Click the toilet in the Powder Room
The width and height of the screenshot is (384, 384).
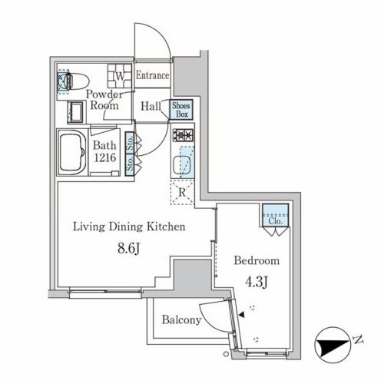74,81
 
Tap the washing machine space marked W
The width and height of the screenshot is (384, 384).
120,76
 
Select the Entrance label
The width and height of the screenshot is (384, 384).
152,75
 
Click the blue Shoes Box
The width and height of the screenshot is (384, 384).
181,109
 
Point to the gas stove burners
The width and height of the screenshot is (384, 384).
183,134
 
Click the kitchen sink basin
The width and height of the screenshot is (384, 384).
182,164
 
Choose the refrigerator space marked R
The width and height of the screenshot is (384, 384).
182,192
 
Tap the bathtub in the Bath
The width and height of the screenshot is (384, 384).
72,152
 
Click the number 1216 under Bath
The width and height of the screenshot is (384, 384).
105,157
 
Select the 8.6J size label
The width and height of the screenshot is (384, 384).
128,248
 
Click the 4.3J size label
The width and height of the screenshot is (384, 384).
257,282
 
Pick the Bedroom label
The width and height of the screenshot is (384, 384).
257,260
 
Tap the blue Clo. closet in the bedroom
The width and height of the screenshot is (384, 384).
276,215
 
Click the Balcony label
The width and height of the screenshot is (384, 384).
181,320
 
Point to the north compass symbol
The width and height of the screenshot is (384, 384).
332,344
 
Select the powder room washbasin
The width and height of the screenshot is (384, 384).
75,112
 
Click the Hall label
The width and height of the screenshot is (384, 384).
151,106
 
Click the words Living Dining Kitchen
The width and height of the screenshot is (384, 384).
129,227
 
